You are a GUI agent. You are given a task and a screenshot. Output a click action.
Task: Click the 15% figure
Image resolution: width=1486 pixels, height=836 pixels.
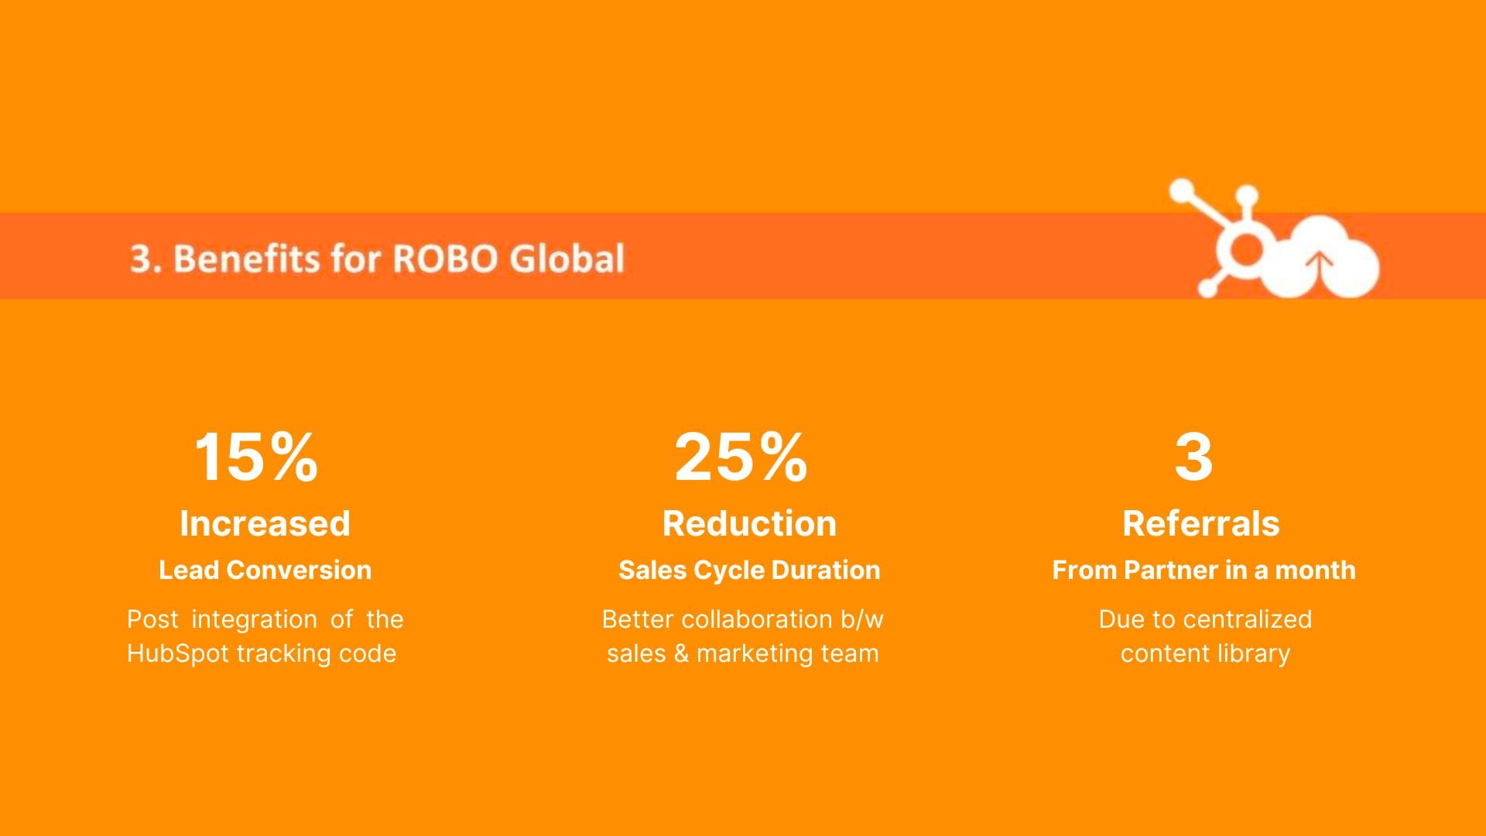(255, 457)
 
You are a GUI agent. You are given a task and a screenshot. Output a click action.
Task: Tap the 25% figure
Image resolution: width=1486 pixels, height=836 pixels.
(741, 457)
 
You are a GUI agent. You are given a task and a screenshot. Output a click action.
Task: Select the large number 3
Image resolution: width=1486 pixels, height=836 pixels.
(1193, 457)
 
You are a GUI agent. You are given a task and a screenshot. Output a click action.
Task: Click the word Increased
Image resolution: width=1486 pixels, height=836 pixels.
(265, 523)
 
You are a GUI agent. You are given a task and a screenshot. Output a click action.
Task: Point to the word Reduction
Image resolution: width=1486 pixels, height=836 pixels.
(749, 523)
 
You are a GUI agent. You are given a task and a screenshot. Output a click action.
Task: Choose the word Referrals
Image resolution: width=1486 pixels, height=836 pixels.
(1201, 523)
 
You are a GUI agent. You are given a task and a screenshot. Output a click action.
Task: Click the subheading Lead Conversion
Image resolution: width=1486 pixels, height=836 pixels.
(265, 570)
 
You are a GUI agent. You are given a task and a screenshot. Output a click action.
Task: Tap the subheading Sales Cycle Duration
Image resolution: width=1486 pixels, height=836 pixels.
(749, 570)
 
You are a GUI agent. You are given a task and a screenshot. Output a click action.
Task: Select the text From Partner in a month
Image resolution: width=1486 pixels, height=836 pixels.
(1204, 570)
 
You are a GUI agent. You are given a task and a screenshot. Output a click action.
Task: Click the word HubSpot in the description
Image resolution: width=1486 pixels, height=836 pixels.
(178, 653)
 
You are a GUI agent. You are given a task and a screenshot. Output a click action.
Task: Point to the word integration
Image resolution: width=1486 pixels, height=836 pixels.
(254, 619)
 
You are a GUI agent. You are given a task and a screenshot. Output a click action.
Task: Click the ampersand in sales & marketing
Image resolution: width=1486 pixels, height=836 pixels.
(681, 653)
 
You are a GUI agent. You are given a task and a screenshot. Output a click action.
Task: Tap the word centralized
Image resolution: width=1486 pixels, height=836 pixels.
(1248, 619)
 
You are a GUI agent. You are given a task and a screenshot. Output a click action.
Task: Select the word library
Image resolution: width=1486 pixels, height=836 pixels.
(1254, 654)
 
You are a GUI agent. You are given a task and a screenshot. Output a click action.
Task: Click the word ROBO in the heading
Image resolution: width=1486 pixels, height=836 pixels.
(444, 258)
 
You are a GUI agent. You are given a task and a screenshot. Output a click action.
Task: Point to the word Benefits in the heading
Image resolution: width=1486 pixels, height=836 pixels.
(247, 258)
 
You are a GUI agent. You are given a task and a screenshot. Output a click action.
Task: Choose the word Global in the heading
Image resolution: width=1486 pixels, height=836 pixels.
(567, 258)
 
